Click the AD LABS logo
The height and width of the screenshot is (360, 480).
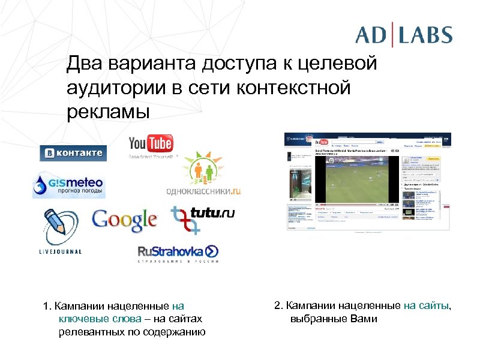coord(403,34)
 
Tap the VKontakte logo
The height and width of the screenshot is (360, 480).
coord(73,153)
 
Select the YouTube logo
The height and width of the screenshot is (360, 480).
coord(151,145)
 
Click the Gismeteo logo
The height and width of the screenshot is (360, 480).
coord(68,185)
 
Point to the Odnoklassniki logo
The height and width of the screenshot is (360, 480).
coord(203,175)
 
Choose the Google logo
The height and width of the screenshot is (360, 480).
coord(125,220)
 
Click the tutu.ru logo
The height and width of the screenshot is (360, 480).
coord(202,217)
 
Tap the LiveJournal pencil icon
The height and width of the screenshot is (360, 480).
coord(56,225)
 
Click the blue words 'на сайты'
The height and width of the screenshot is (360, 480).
coord(425,305)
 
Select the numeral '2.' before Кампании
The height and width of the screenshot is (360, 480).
coord(278,305)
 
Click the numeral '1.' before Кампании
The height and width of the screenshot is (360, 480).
coord(47,307)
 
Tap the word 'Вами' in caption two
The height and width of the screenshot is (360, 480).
coord(365,319)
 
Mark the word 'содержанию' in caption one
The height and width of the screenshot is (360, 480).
coord(178,332)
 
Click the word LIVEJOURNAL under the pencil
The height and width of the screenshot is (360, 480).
coord(56,252)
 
